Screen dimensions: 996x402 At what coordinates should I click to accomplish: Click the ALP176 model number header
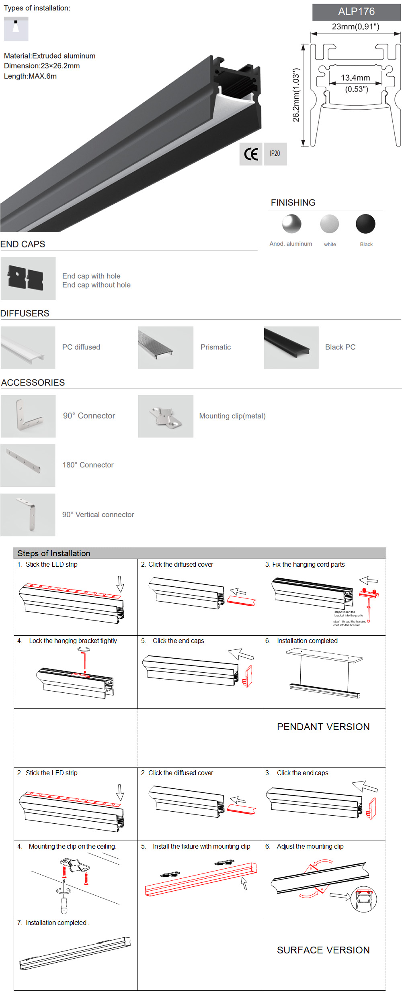[x=356, y=12]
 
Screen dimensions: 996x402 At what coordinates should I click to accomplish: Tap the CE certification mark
[x=251, y=154]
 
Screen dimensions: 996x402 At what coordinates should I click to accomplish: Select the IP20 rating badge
[x=275, y=154]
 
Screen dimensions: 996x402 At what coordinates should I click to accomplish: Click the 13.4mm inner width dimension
[x=355, y=78]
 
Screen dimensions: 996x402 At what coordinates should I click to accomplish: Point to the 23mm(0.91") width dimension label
[x=355, y=27]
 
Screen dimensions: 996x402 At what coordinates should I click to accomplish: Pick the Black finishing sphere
[x=365, y=224]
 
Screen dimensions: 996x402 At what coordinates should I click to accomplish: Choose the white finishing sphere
[x=330, y=224]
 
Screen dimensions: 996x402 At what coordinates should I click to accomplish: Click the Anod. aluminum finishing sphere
[x=292, y=224]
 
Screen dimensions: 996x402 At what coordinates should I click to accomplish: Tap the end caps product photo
[x=28, y=278]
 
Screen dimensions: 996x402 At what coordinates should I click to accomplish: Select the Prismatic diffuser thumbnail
[x=166, y=347]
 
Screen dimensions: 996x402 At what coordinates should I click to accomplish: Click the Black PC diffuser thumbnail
[x=291, y=347]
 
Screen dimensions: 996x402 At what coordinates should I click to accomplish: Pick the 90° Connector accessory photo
[x=28, y=416]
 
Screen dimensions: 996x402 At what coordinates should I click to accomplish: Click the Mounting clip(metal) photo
[x=166, y=416]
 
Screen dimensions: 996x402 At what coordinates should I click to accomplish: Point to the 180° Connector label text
[x=88, y=465]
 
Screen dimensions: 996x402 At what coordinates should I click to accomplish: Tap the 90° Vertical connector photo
[x=28, y=515]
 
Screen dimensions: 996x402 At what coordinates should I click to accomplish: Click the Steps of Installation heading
[x=54, y=553]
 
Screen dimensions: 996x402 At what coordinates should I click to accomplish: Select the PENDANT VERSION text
[x=323, y=727]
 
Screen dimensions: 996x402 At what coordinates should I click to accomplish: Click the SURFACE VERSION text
[x=323, y=950]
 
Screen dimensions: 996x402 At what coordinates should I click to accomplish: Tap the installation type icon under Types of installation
[x=16, y=29]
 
